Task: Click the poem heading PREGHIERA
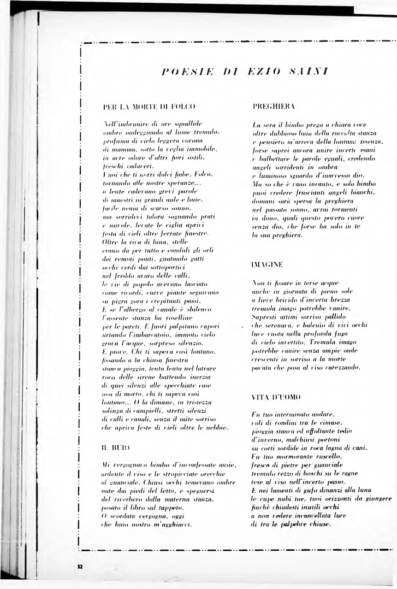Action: click(x=274, y=106)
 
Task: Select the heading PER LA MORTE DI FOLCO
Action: click(x=141, y=107)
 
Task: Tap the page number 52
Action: click(x=80, y=567)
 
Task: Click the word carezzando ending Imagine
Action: click(x=341, y=368)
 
